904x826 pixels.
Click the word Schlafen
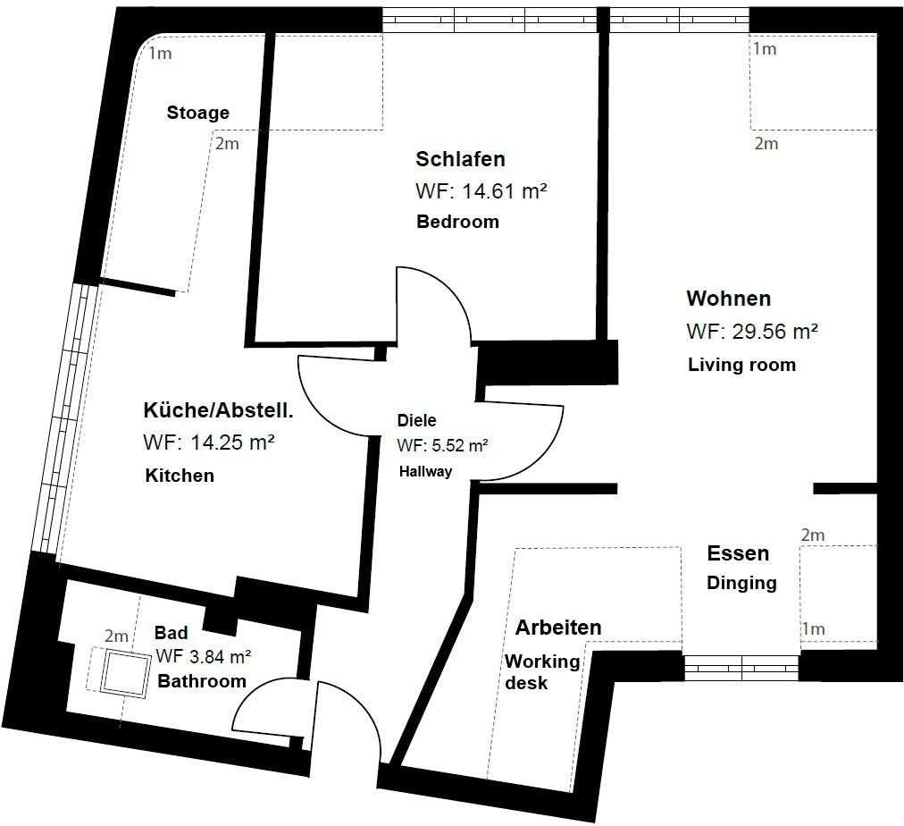coord(460,159)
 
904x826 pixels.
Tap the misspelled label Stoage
coord(197,113)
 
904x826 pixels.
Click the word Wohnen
coord(728,299)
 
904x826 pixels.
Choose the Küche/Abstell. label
coord(219,410)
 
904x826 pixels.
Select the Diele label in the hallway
coord(416,420)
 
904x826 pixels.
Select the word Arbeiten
coord(558,628)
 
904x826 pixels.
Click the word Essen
coord(738,553)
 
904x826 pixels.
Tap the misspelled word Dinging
coord(741,583)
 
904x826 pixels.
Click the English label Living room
coord(741,365)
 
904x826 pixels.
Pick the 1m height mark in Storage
coord(160,54)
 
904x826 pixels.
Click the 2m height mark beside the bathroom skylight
coord(116,636)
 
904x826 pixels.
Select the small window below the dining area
coord(741,668)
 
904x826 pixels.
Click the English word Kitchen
coord(180,476)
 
